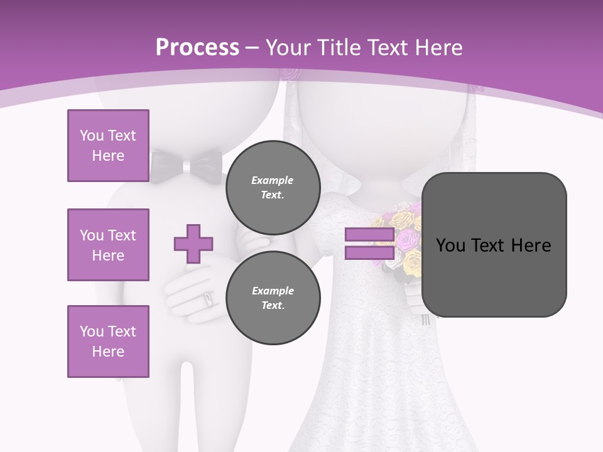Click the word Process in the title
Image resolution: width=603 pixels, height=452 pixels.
tap(197, 48)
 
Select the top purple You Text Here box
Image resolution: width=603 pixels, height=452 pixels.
tap(108, 146)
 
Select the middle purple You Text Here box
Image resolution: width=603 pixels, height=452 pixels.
tap(108, 245)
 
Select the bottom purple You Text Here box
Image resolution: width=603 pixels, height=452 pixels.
tap(108, 342)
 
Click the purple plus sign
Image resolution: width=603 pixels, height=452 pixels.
tap(193, 244)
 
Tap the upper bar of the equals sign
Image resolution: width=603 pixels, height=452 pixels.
tap(369, 235)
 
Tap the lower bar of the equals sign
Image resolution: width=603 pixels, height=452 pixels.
tap(369, 253)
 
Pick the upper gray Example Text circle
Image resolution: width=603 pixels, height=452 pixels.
tap(273, 187)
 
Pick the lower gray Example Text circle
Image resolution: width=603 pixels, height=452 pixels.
tap(273, 298)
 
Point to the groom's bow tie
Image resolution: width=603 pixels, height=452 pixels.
tap(187, 166)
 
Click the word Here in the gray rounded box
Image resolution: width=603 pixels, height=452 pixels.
tap(531, 245)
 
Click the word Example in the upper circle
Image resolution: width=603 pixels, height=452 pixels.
tap(273, 180)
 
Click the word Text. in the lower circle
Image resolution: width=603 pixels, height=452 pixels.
tap(273, 305)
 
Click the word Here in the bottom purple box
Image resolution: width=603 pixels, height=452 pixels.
tap(108, 352)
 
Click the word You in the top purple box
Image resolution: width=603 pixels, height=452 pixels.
tap(92, 136)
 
